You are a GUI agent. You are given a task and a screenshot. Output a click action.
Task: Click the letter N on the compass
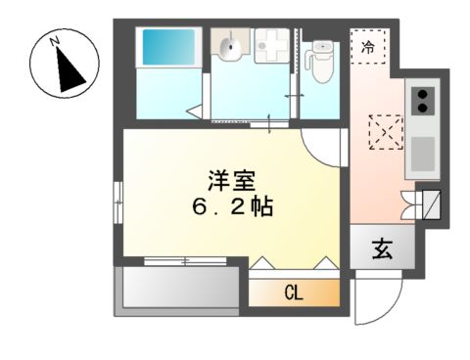pos(56,41)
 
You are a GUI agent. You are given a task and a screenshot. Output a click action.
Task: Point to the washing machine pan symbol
pos(269,45)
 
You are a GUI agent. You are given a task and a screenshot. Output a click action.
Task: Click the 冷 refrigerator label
pos(369,45)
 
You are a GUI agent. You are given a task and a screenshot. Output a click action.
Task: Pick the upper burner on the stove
pos(424,95)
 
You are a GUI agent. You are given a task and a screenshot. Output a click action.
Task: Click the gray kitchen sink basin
pos(422,153)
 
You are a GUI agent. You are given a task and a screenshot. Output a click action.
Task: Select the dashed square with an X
pos(383,130)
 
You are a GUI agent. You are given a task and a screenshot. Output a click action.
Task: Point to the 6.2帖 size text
pos(232,207)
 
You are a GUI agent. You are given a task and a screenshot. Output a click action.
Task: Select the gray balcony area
pos(176,290)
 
